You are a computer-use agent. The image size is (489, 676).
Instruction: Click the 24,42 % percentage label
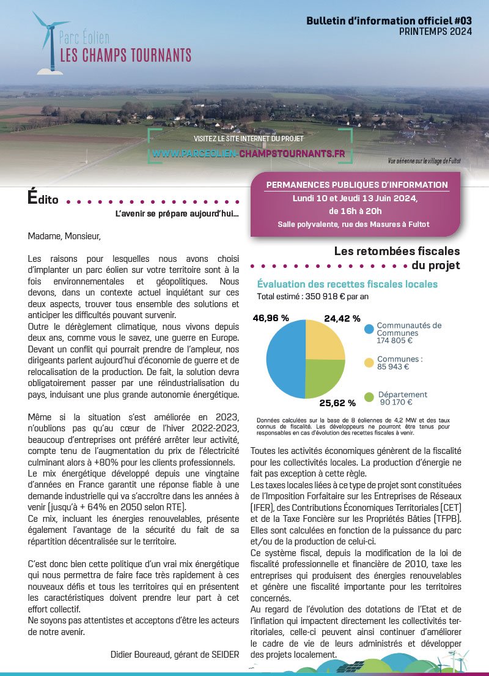point(342,319)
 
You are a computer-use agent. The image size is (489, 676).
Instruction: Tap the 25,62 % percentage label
point(337,403)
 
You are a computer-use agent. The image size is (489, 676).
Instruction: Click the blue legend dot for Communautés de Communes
point(369,329)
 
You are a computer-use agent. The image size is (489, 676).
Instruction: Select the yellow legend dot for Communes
point(369,363)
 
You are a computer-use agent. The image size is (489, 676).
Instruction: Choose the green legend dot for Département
point(369,398)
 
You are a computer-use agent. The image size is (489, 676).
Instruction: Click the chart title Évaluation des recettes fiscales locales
point(347,284)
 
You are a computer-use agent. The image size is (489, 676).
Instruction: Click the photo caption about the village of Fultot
point(424,161)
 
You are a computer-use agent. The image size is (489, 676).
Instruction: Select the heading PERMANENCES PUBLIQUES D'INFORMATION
point(357,185)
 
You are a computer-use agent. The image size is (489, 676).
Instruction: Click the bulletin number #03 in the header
point(462,21)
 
